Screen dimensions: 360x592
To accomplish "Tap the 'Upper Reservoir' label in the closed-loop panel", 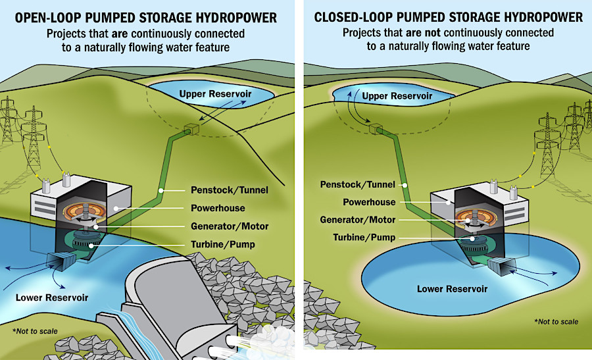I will (x=397, y=96).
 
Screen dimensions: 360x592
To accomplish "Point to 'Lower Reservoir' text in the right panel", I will (x=452, y=288).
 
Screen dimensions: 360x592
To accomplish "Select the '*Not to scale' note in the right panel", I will (x=556, y=321).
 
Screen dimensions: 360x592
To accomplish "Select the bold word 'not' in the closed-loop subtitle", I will (x=428, y=33).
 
